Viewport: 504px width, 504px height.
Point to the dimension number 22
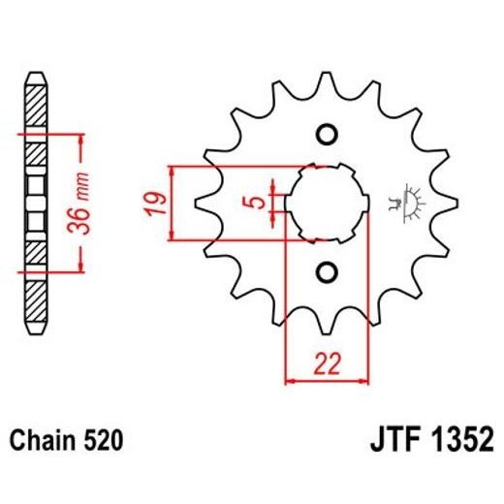[x=326, y=365]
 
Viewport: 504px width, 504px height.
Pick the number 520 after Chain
[x=105, y=442]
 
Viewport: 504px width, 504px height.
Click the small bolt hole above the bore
[x=326, y=134]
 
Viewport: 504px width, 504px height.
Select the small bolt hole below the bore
[x=326, y=271]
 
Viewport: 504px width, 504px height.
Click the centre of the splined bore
[x=327, y=203]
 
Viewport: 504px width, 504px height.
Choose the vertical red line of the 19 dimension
[x=172, y=203]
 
